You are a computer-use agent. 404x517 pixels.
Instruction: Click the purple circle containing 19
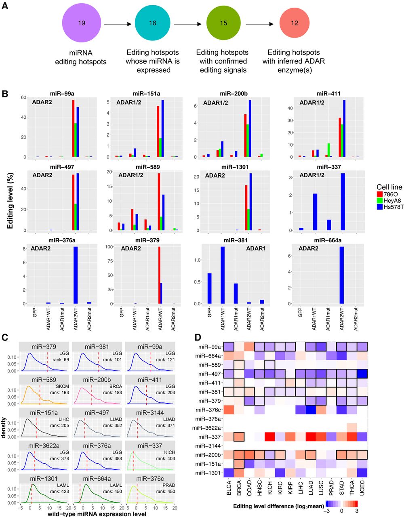(x=81, y=23)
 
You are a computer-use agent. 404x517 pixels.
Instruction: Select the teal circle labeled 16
(x=153, y=23)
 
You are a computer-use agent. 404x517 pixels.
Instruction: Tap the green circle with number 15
(x=223, y=23)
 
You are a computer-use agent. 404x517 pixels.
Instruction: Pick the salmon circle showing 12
(x=295, y=23)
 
